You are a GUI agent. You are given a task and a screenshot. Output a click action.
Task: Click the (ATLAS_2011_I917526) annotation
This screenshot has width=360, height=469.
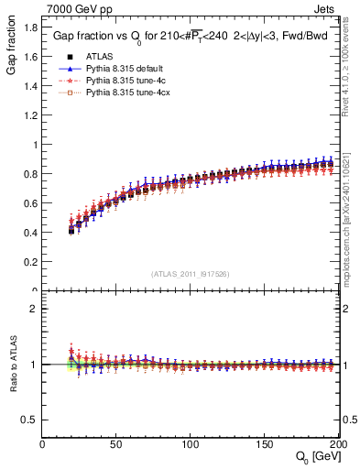[191, 274]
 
